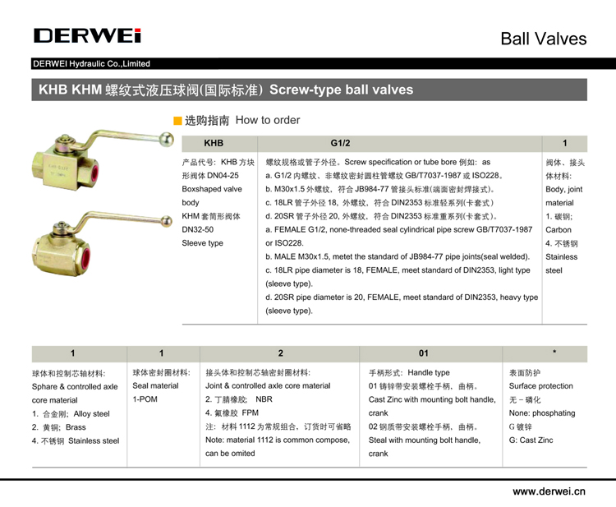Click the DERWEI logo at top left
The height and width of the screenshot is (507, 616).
point(88,35)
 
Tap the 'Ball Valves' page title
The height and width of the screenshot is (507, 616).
point(544,39)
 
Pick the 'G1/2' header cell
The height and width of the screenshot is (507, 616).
point(340,144)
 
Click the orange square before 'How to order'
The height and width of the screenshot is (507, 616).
point(177,121)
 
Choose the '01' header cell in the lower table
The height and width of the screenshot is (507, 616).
point(423,353)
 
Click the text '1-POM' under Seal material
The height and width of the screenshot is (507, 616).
point(145,399)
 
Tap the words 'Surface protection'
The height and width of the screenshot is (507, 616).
point(541,386)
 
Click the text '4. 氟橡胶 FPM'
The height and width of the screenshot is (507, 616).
point(232,413)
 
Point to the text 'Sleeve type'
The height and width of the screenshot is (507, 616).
point(202,243)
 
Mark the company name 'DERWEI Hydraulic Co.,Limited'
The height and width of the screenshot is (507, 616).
point(91,63)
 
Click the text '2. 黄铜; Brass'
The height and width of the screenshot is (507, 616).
point(58,426)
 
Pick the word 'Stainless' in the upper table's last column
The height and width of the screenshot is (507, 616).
point(561,256)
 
